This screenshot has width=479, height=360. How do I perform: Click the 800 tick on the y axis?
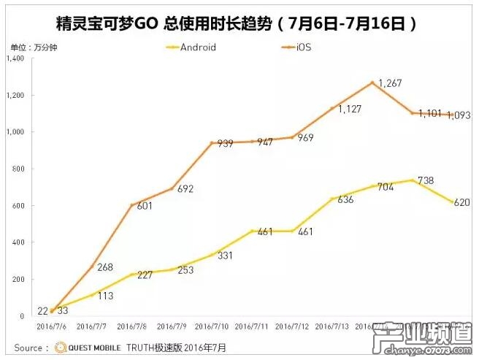19,169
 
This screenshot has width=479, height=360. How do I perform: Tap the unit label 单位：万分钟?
31,47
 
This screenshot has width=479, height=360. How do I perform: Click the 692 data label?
186,190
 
